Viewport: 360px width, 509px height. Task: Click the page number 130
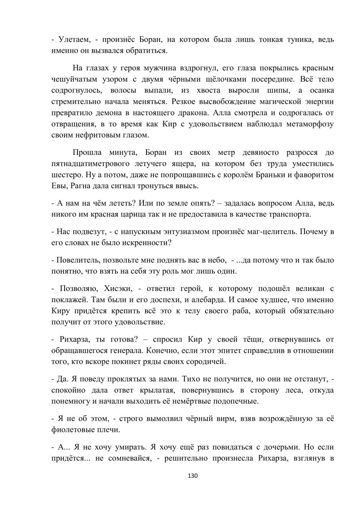pos(193,476)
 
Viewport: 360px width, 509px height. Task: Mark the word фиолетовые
pos(72,429)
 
